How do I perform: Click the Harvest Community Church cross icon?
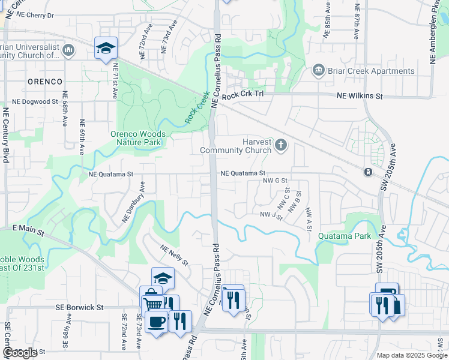[281, 145]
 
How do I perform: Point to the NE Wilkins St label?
[360, 95]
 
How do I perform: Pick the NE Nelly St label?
[174, 255]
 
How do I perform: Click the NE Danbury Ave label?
[134, 202]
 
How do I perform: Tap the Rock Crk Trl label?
[243, 95]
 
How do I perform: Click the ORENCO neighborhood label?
[44, 81]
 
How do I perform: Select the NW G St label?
[276, 180]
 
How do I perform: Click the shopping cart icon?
[154, 304]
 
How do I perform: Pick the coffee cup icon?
[156, 322]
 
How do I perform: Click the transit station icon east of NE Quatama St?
[367, 172]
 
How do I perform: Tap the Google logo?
[20, 353]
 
